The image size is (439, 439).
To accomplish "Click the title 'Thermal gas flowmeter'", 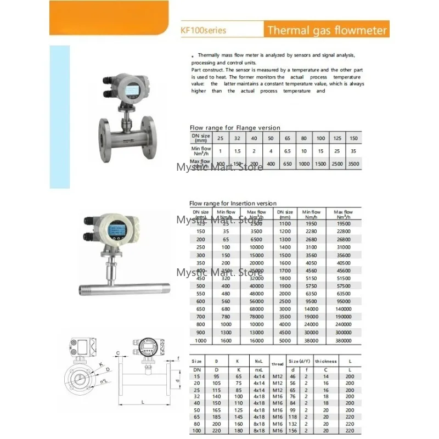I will [327, 30].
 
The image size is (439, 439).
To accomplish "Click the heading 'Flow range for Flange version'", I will [234, 128].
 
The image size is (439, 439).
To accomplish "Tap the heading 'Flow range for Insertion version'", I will [233, 203].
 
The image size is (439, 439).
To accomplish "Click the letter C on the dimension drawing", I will [118, 353].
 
